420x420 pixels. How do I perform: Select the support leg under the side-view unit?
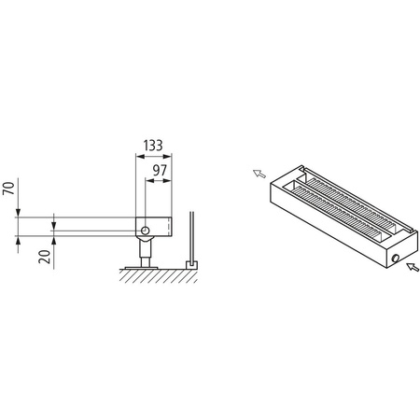(x=144, y=249)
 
